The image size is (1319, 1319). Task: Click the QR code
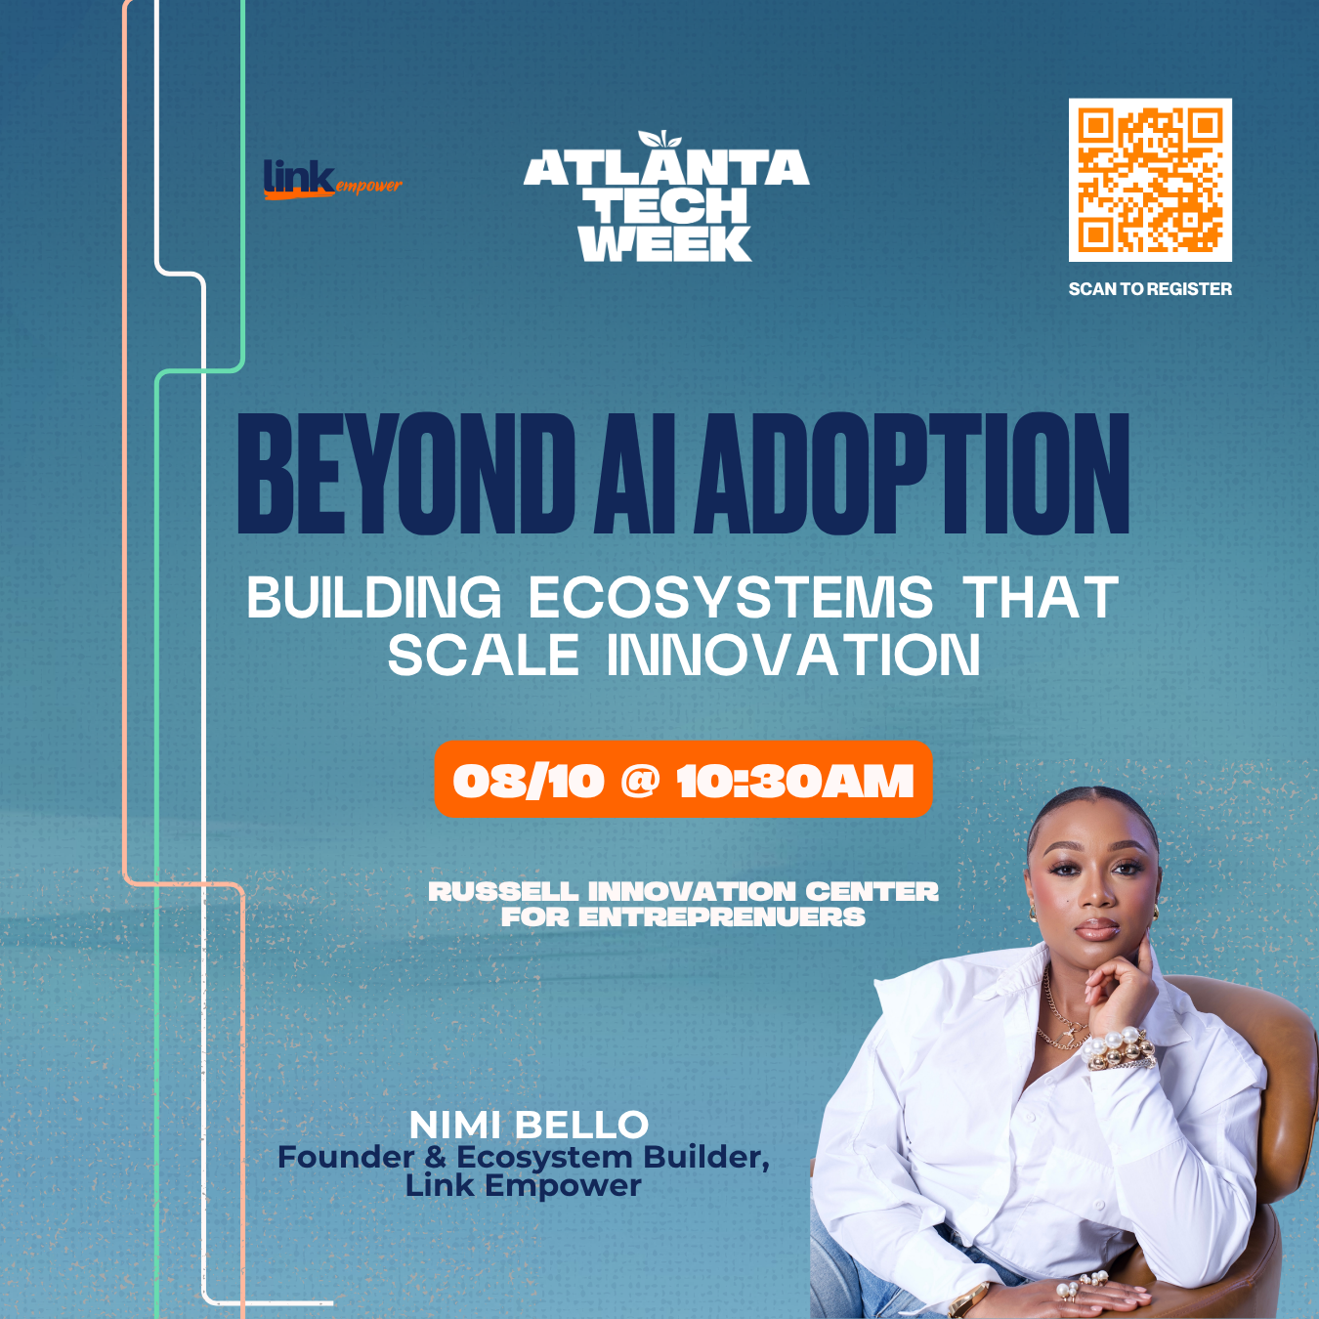click(x=1150, y=180)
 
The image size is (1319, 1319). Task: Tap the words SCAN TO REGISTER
click(x=1150, y=289)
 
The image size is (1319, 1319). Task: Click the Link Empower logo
click(x=332, y=180)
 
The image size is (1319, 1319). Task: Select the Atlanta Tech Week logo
click(x=666, y=196)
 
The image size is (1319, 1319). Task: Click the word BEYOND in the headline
click(x=405, y=473)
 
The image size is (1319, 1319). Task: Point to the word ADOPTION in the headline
click(x=911, y=473)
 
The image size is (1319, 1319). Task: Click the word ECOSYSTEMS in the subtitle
click(x=731, y=597)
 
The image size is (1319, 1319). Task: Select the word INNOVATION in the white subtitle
click(x=794, y=655)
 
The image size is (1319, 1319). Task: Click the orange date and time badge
click(x=683, y=779)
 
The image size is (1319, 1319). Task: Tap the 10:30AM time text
click(x=795, y=781)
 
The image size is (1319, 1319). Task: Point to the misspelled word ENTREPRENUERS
click(x=721, y=917)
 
